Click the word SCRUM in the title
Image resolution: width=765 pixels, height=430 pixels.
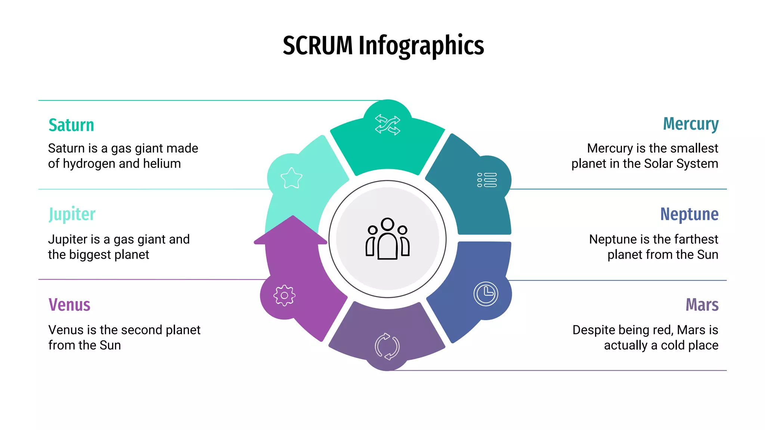pos(318,46)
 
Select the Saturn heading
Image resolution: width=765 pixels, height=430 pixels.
pos(71,125)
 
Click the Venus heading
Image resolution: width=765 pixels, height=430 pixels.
pos(69,305)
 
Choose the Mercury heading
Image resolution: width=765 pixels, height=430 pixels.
pos(690,124)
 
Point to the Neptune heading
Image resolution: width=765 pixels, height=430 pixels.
pos(689,214)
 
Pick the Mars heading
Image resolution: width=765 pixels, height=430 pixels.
pos(701,305)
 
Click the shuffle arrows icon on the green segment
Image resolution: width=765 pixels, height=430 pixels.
pos(387,125)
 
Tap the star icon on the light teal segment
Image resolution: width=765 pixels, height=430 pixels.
pos(291,178)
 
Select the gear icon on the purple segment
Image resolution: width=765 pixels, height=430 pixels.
pos(284,296)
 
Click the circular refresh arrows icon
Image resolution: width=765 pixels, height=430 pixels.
pos(387,346)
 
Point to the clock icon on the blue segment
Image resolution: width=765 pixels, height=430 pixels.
pos(486,294)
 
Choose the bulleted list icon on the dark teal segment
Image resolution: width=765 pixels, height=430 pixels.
pos(487,180)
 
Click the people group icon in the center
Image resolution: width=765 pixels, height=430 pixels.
pos(387,239)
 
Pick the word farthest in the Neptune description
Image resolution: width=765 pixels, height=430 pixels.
pos(696,239)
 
